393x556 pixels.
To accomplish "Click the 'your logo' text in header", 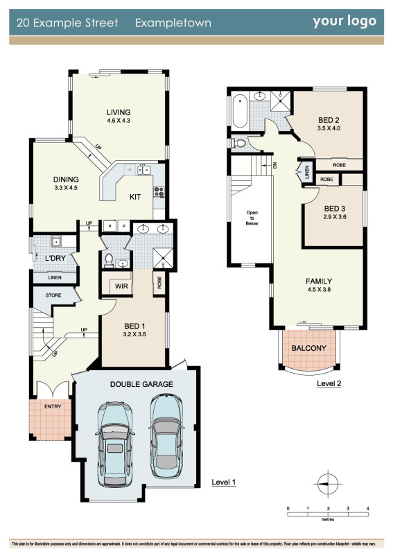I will click(344, 21).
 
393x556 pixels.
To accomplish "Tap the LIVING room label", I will click(119, 112).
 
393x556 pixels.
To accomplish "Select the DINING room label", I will click(67, 179).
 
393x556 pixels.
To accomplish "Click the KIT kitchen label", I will click(136, 197).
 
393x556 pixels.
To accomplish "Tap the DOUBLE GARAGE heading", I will click(141, 384).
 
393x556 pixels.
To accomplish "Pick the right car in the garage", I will click(165, 431).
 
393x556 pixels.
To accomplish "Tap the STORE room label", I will click(53, 295).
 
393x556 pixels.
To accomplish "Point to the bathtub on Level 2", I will click(240, 110).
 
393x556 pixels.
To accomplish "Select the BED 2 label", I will click(328, 119).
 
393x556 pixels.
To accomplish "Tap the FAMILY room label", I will click(319, 281).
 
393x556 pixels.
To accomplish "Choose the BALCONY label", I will click(308, 348).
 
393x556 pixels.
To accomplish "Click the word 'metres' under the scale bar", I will click(327, 517).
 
